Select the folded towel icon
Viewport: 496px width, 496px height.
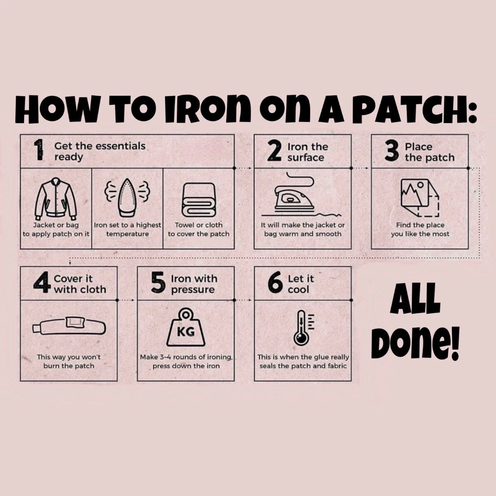click(199, 200)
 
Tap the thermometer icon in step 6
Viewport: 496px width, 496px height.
click(304, 328)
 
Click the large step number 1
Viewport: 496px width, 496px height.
click(39, 150)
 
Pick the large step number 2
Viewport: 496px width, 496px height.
click(274, 151)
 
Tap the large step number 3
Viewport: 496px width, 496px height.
click(392, 151)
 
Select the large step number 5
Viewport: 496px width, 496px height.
click(158, 283)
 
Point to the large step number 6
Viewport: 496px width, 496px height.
click(275, 283)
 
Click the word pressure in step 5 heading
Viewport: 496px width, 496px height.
click(193, 290)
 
